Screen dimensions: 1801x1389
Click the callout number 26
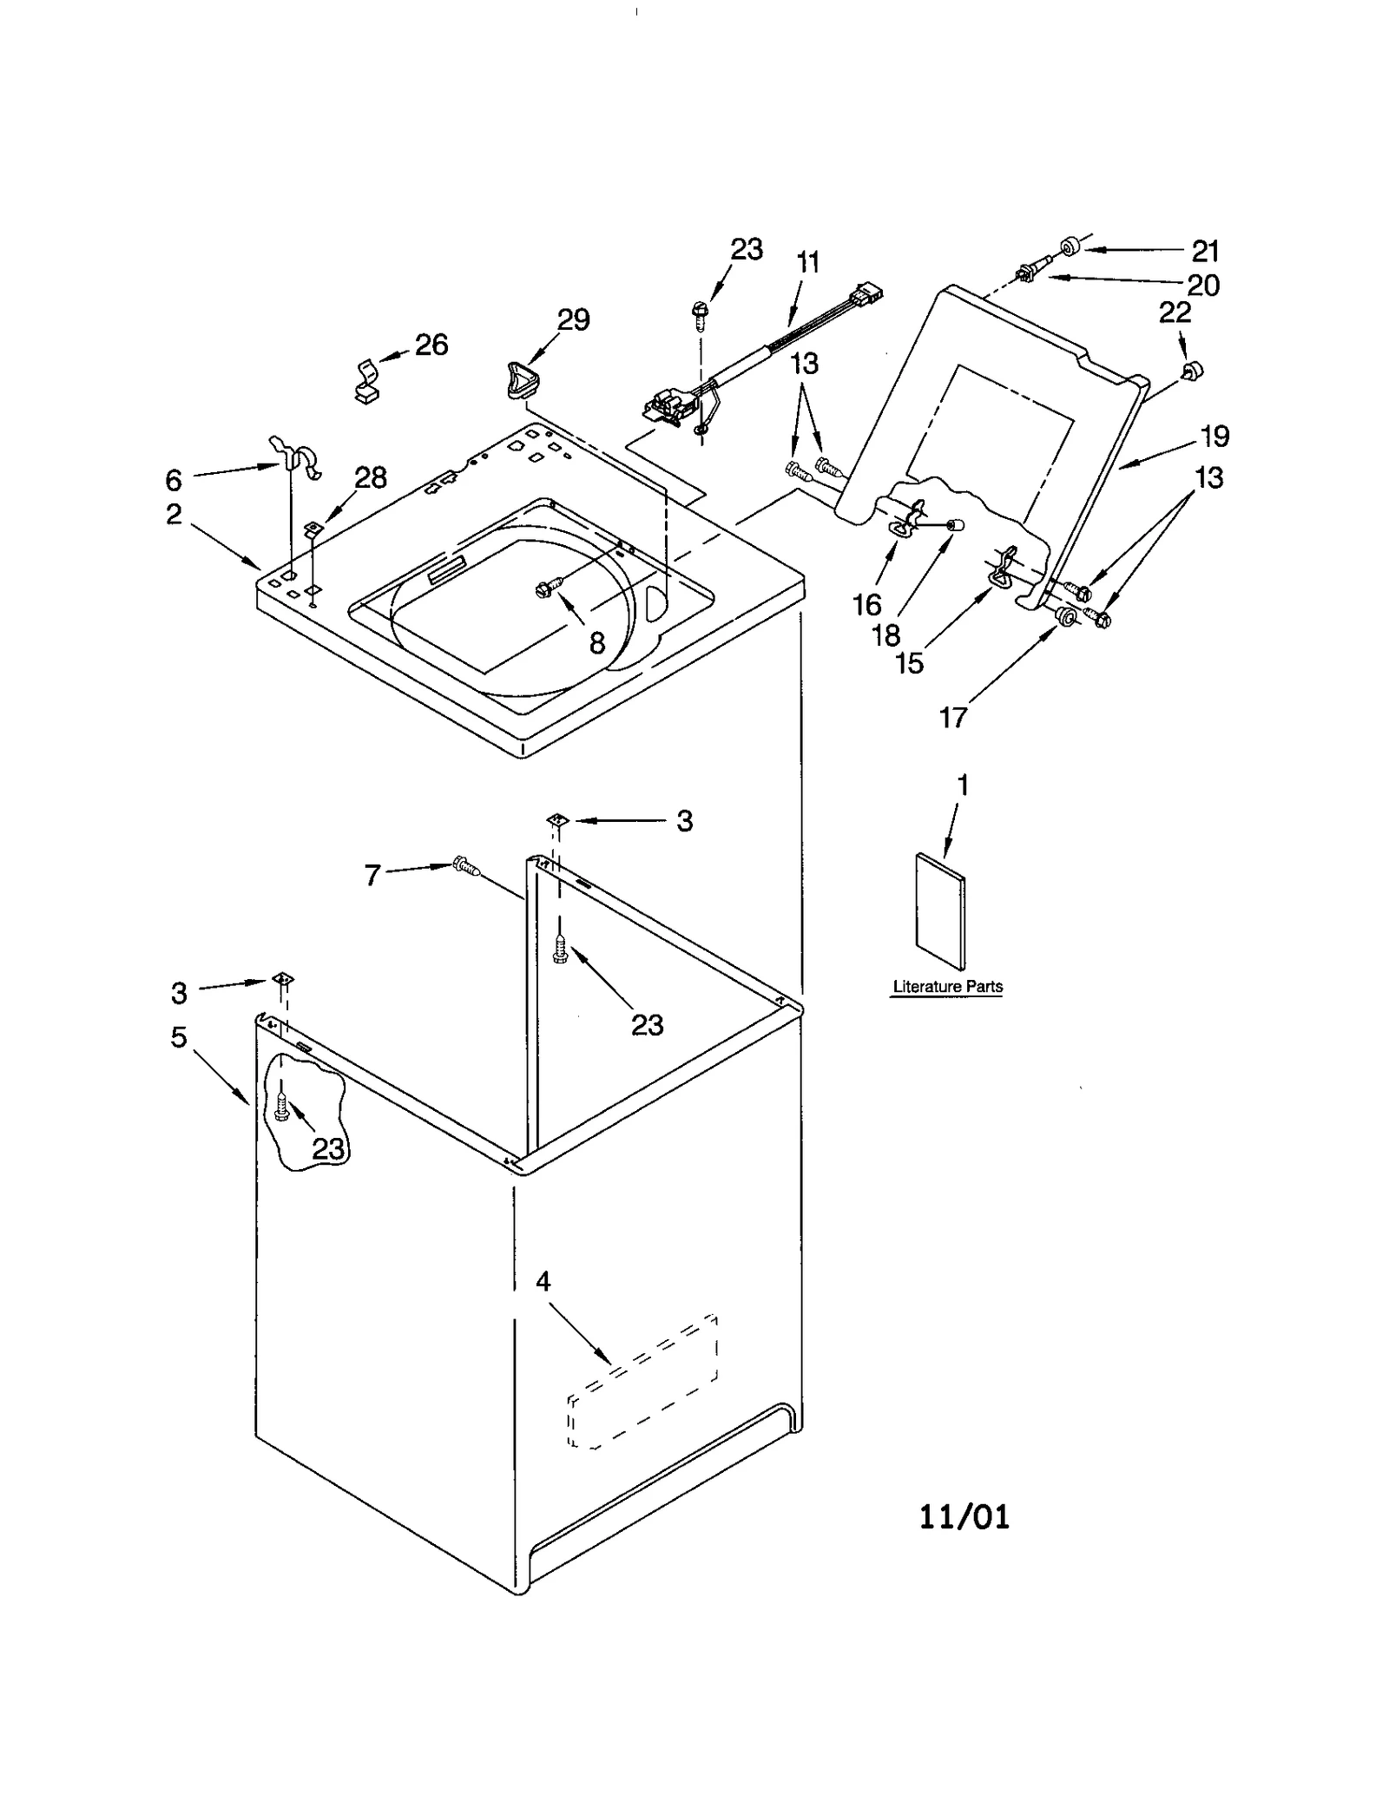431,345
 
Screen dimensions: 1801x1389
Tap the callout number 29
573,320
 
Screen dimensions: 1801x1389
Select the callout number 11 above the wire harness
807,262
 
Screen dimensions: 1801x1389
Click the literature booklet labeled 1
940,910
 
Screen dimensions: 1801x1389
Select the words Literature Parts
947,987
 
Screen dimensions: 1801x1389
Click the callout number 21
1205,252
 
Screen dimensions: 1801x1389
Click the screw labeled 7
466,865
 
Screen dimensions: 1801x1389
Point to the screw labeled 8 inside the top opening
549,588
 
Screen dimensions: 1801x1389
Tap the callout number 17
952,718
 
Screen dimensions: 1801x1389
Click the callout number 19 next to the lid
1215,436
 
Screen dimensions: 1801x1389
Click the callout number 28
371,477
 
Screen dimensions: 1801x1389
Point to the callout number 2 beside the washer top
174,514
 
